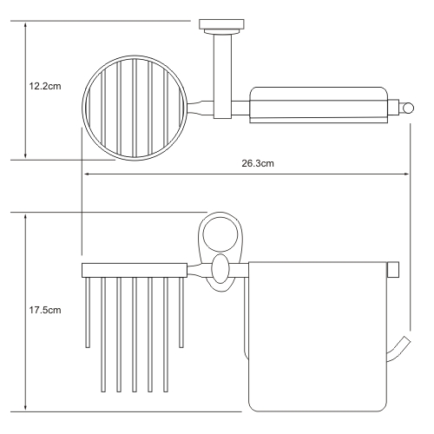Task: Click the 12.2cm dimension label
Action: pos(45,86)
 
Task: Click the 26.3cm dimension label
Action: pos(258,163)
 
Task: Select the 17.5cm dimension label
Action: pos(45,310)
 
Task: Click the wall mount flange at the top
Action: pos(221,24)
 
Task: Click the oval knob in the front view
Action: pos(220,269)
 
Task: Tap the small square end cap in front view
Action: pos(393,270)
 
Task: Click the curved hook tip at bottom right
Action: pos(406,340)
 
